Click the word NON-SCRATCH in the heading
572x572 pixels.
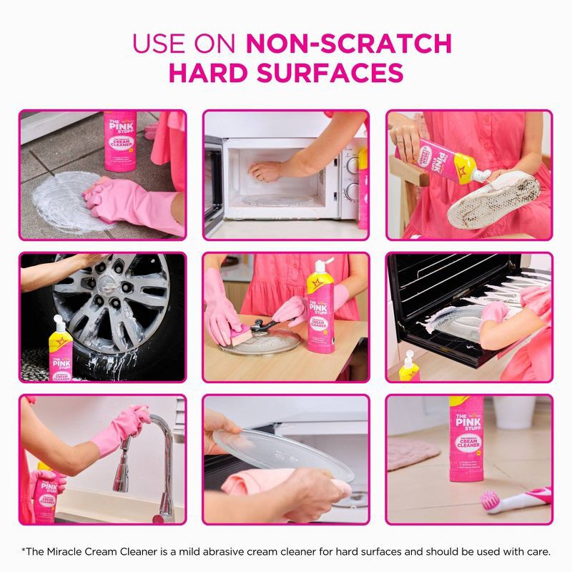coord(349,44)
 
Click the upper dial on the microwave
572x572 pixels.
coord(352,163)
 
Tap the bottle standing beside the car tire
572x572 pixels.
coord(61,350)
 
